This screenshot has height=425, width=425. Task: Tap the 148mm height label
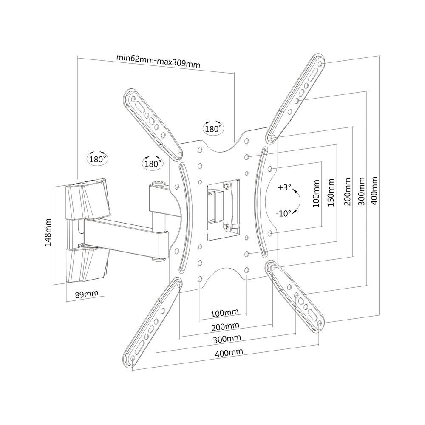(48, 232)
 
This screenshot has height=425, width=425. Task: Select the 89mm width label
(87, 294)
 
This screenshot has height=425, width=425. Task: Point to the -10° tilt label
(283, 213)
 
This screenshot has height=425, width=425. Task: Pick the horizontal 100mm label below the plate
(225, 313)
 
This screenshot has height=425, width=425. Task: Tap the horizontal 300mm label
(227, 339)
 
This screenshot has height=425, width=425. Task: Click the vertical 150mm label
(331, 193)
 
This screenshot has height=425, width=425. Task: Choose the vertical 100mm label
(316, 193)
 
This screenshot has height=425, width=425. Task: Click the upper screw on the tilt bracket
(227, 186)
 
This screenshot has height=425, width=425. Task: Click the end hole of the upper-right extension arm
(320, 64)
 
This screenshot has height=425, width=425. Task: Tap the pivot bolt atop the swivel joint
(158, 184)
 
